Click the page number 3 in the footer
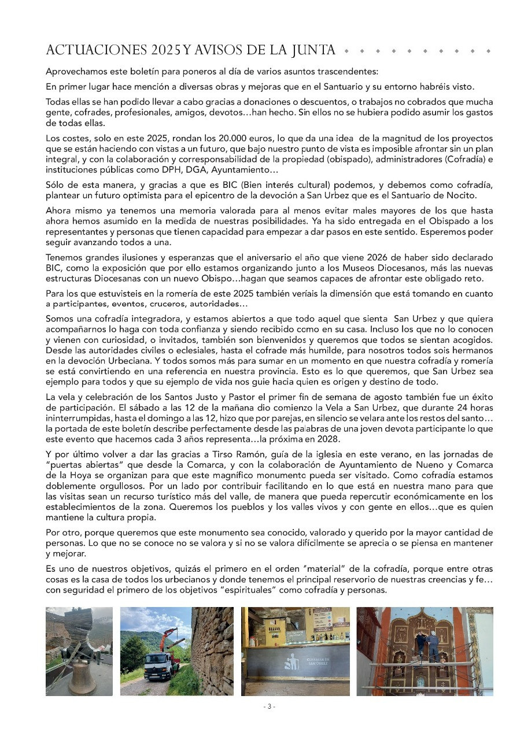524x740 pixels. point(268,706)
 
